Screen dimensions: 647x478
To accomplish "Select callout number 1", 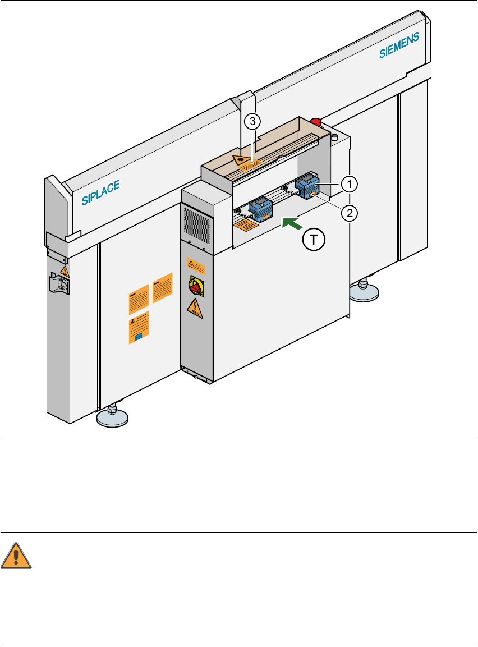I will [x=349, y=183].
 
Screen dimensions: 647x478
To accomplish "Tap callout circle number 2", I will [x=349, y=213].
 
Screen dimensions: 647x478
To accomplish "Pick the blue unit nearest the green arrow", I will [x=260, y=208].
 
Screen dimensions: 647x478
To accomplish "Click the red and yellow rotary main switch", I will [x=195, y=286].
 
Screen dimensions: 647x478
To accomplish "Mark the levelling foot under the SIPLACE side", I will [x=112, y=416].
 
